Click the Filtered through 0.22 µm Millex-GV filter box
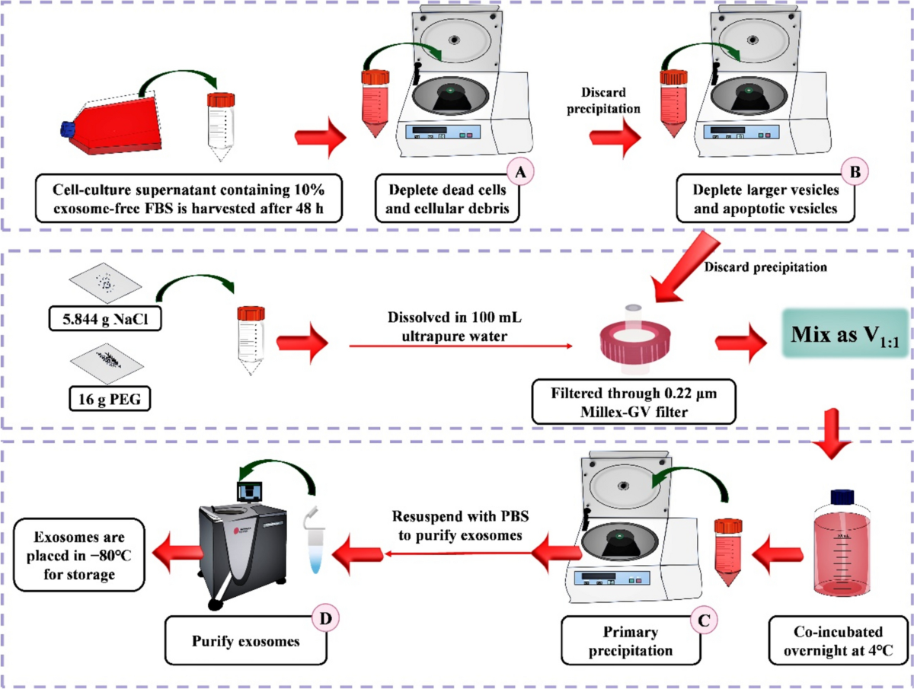[633, 403]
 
